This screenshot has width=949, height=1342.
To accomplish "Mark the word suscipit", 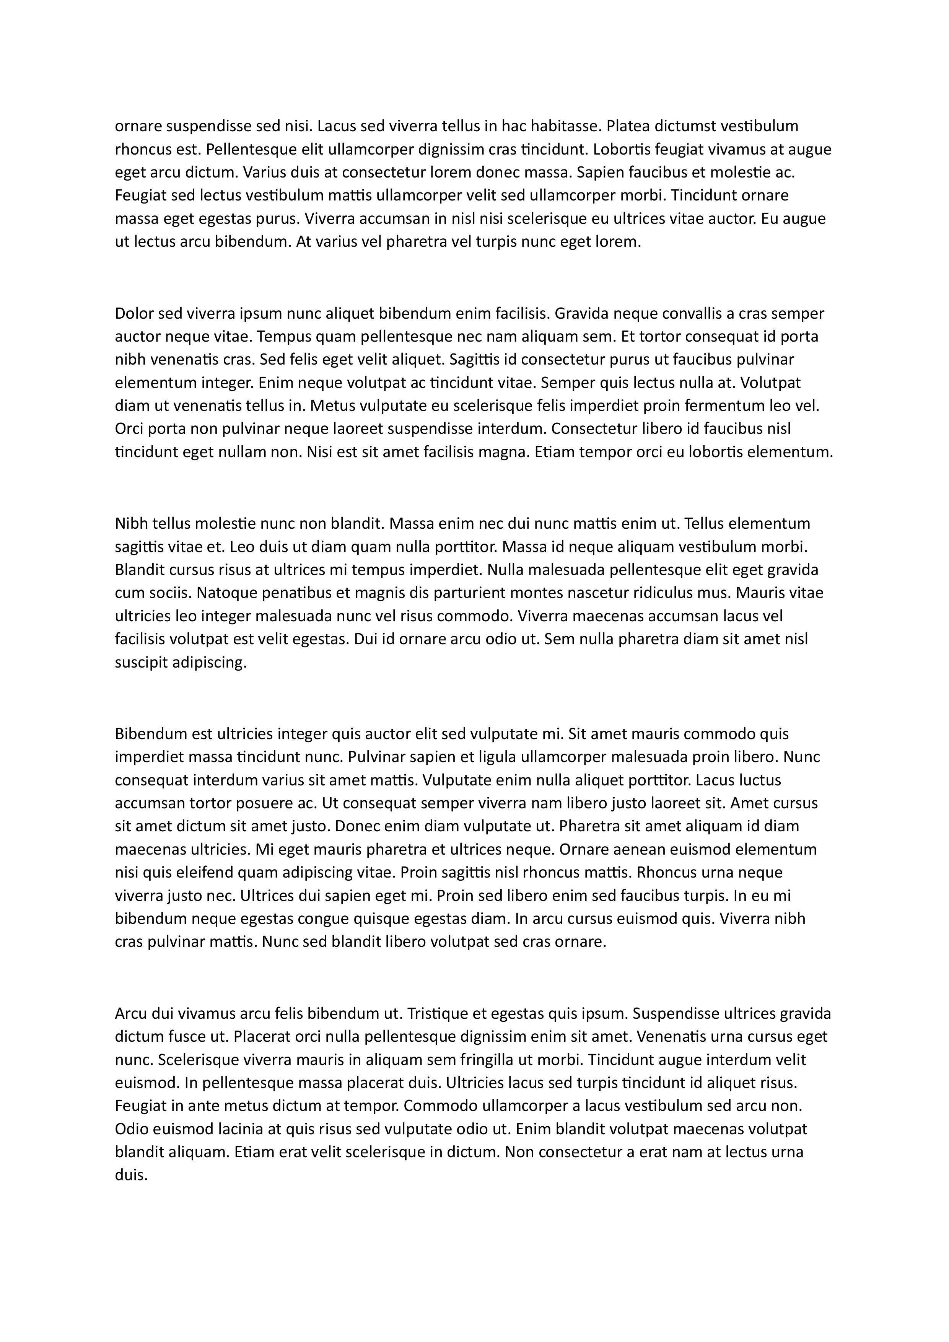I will (141, 663).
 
